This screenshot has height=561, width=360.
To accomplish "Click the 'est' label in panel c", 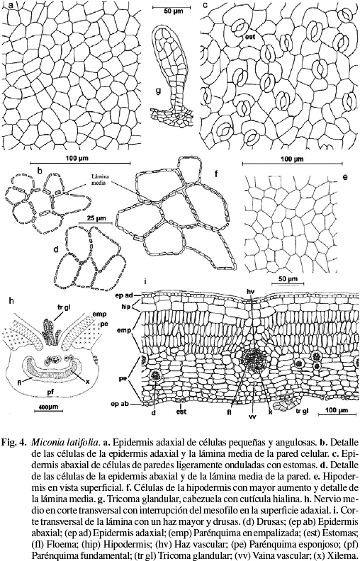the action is pyautogui.click(x=249, y=36).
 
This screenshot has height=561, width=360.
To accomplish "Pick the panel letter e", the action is pyautogui.click(x=345, y=176).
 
